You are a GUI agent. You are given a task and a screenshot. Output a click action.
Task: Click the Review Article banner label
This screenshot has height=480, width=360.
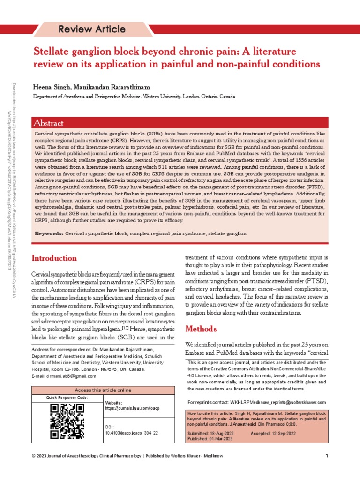91,29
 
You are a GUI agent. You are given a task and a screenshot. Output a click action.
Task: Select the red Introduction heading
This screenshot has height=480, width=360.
54,258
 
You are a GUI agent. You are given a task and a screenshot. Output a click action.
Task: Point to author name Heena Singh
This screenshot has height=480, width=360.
51,87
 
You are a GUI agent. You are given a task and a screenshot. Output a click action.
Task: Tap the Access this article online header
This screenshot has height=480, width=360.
103,390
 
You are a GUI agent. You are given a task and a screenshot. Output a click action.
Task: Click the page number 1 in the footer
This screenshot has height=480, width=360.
326,456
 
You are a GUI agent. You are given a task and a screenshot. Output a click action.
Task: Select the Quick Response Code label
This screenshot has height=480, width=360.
67,397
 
